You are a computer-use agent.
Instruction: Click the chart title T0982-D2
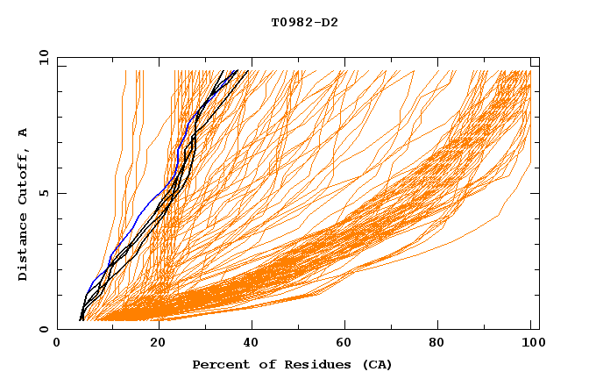(x=304, y=22)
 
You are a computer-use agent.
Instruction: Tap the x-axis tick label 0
(x=57, y=344)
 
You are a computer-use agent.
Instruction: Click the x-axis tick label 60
(x=348, y=344)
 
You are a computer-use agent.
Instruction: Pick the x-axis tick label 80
(x=443, y=344)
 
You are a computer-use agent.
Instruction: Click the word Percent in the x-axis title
(x=220, y=365)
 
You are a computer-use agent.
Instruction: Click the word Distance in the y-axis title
(x=24, y=248)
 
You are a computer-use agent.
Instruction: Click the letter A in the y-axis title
(x=24, y=132)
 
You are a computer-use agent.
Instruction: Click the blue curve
(x=140, y=211)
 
